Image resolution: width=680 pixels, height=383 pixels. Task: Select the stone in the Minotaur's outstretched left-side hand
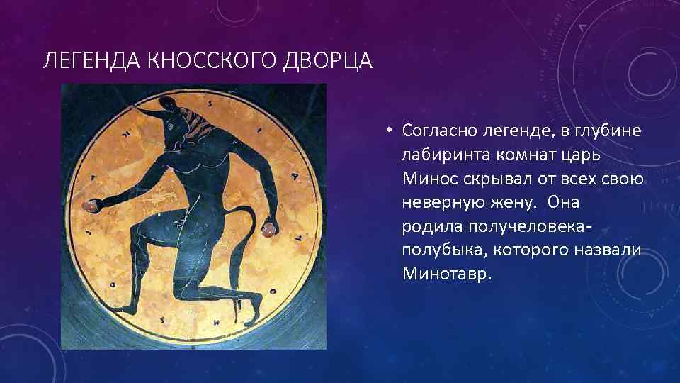coord(91,206)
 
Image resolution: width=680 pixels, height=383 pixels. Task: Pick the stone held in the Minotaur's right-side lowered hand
coord(270,228)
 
